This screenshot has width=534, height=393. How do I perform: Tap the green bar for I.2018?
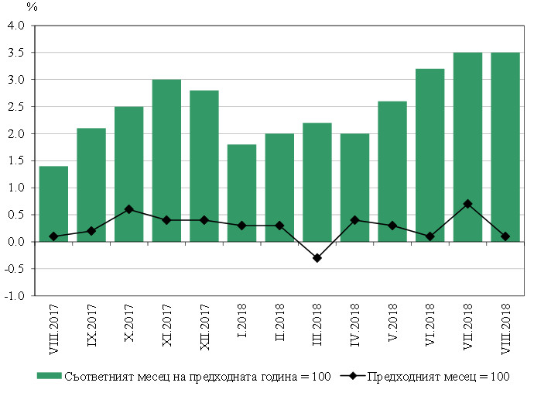pos(241,193)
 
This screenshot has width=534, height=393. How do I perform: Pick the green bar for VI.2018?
pos(430,155)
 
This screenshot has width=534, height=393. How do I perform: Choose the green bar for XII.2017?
pos(204,166)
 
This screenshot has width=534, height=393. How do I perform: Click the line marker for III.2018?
pos(317,258)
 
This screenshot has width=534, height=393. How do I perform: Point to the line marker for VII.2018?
pos(467,204)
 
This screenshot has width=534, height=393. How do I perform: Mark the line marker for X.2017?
pos(128,209)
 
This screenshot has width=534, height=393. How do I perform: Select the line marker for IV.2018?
pos(354,220)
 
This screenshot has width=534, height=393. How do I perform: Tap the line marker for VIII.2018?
pos(505,236)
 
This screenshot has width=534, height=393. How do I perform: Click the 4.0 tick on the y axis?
pos(16,26)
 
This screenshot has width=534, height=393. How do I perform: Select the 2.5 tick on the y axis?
pos(16,107)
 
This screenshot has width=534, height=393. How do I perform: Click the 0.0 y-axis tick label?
pos(16,242)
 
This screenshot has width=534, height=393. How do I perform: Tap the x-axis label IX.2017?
pos(91,325)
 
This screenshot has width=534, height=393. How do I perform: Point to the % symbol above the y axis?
pos(32,7)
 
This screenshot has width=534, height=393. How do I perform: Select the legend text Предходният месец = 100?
pos(438,377)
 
